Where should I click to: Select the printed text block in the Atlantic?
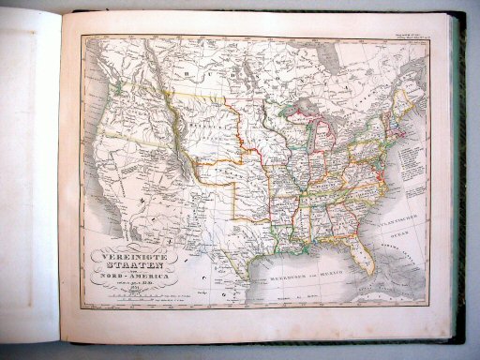402,150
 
